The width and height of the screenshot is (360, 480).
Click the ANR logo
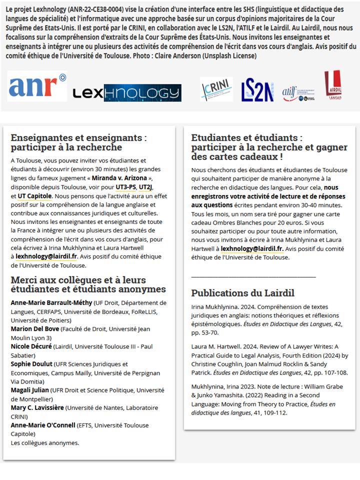pos(37,86)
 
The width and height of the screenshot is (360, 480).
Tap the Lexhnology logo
pos(127,93)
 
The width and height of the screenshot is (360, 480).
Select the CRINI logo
pos(216,89)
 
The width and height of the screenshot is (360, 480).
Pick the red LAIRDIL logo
pos(333,85)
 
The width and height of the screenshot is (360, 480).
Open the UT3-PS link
pos(125,187)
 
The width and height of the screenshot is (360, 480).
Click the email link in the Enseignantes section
pos(46,256)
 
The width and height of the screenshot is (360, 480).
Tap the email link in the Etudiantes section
pos(252,248)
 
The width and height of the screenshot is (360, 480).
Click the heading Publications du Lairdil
pos(242,293)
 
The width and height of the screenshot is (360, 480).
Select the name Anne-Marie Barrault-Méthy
pos(50,302)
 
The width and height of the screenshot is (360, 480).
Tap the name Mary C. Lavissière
pos(37,408)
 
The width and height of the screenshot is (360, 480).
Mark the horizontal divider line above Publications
pos(253,275)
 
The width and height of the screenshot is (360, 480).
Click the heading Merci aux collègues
pos(88,284)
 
